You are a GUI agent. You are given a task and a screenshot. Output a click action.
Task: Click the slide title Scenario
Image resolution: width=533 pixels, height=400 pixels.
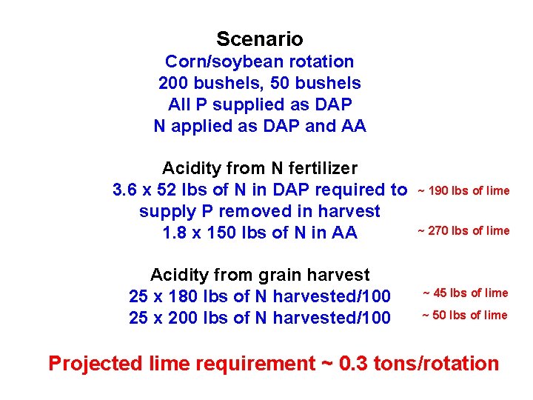[260, 39]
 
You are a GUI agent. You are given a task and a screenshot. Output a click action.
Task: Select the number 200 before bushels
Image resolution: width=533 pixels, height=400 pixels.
[173, 83]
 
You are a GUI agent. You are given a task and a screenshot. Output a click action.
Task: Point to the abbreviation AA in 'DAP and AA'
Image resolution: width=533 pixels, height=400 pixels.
[353, 126]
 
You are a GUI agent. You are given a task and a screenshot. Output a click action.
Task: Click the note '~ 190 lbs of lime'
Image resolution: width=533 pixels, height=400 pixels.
[463, 191]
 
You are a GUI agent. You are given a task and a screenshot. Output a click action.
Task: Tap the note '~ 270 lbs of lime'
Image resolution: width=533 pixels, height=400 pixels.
[463, 230]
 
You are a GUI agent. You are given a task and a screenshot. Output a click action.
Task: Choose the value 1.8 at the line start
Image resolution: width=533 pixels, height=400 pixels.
[175, 233]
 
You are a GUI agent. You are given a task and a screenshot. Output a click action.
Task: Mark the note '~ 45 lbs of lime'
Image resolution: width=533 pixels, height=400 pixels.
[465, 293]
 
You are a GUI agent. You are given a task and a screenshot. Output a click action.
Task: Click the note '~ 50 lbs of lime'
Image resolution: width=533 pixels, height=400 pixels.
[465, 316]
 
